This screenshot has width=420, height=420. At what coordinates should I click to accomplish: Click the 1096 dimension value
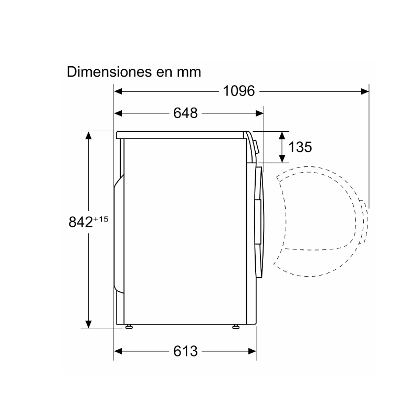[x=239, y=91]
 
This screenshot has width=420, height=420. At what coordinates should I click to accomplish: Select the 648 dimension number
[x=185, y=113]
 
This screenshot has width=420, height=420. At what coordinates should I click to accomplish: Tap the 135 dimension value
[x=300, y=147]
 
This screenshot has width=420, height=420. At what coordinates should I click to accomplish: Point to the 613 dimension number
[x=185, y=351]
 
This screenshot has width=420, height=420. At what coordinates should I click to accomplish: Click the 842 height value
[x=81, y=222]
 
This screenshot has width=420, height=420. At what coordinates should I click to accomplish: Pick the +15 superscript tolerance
[x=101, y=219]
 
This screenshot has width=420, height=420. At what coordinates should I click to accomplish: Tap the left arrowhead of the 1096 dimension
[x=118, y=91]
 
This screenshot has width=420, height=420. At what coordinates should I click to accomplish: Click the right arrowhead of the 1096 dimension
[x=364, y=91]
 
